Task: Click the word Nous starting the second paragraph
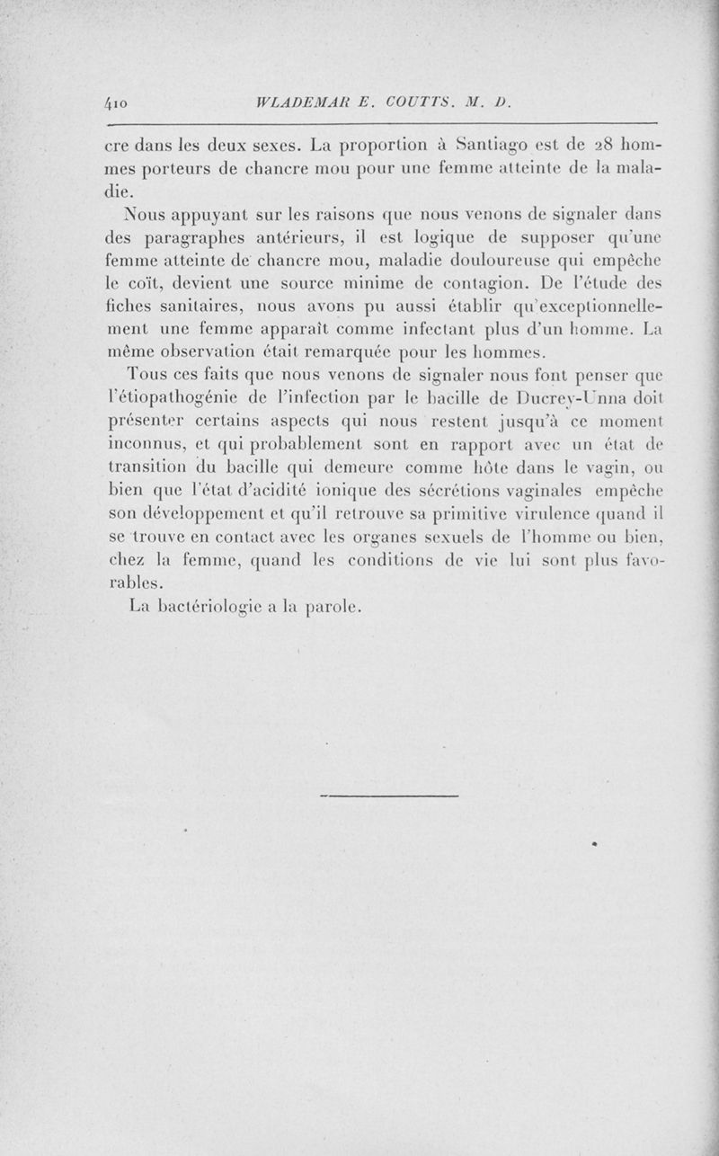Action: [149, 212]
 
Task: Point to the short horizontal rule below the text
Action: [388, 796]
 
